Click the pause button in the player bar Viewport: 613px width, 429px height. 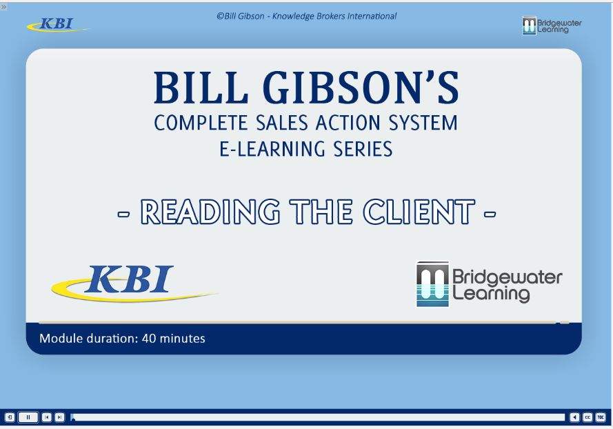(28, 417)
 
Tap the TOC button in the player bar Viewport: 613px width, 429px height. (600, 417)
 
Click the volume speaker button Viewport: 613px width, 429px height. (575, 417)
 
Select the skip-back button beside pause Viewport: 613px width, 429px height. (47, 417)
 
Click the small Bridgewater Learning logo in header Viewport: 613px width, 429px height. (552, 26)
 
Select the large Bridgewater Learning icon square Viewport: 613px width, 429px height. (432, 283)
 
